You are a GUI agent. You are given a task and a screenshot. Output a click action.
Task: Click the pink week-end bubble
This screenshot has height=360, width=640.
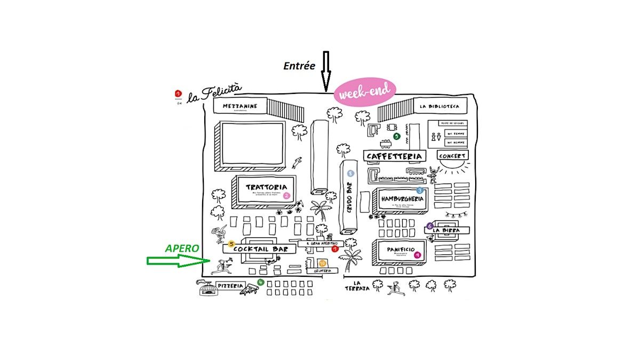tap(365, 93)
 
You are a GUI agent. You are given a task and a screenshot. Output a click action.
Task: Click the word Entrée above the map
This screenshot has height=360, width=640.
tap(299, 66)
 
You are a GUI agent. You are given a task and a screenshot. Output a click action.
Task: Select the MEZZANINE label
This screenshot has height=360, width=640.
tap(240, 106)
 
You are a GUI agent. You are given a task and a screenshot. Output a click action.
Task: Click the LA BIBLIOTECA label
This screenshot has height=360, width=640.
tap(439, 106)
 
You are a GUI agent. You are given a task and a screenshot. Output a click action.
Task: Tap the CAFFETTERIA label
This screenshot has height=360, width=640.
tap(395, 156)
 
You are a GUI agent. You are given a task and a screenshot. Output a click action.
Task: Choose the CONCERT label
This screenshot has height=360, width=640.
tap(452, 156)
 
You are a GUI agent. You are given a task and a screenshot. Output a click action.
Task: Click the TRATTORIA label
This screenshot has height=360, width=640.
tap(262, 187)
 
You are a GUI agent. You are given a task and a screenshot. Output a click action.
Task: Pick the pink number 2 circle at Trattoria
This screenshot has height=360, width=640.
tap(286, 195)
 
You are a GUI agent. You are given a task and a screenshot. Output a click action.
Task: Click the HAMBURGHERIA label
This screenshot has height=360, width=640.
tap(402, 199)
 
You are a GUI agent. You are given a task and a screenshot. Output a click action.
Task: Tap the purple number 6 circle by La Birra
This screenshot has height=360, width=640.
tap(430, 225)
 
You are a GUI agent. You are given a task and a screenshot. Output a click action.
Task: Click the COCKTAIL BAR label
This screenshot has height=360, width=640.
tap(257, 249)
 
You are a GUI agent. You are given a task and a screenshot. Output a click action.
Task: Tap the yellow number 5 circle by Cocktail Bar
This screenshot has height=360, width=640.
tap(231, 244)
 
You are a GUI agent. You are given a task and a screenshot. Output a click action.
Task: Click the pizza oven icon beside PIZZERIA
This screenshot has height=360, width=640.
tap(208, 289)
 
